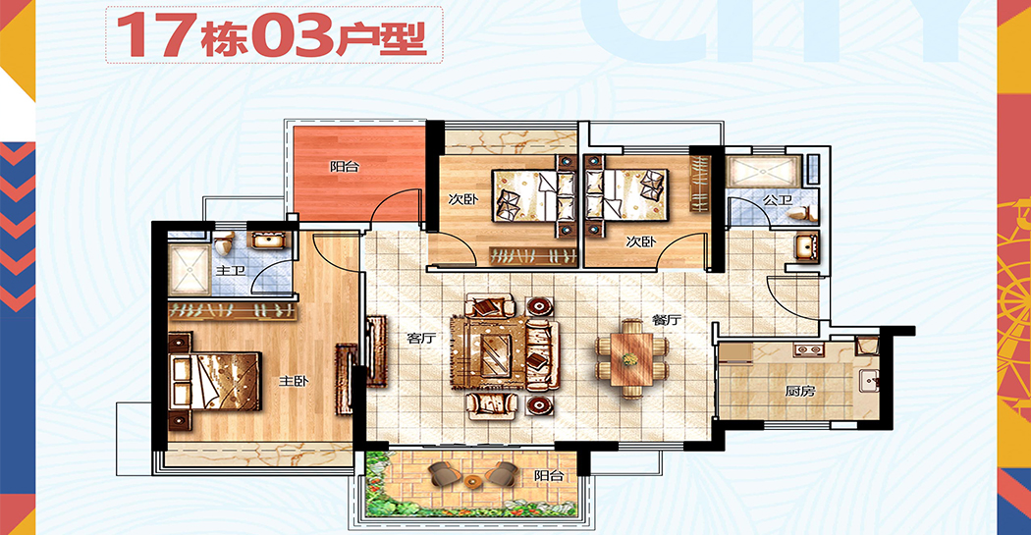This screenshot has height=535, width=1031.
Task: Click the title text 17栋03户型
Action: tap(272, 34)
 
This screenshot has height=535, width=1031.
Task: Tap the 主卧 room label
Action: tap(294, 381)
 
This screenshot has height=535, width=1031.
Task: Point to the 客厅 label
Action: tap(421, 339)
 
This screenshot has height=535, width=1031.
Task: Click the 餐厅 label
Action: tap(666, 320)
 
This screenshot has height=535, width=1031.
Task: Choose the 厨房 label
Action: tap(800, 391)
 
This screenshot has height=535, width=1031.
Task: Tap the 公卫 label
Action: tap(777, 200)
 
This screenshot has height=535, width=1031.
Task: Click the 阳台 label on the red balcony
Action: tap(345, 166)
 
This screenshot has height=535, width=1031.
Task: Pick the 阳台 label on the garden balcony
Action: tap(548, 475)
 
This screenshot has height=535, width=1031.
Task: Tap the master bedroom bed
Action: tap(214, 381)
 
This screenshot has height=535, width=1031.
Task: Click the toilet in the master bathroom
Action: tap(224, 243)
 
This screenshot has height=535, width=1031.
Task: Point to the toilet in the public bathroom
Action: tap(802, 213)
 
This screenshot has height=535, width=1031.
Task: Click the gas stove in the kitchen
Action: tap(808, 349)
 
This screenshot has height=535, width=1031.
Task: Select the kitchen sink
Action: tap(869, 381)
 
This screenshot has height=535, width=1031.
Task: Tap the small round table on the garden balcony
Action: tap(471, 480)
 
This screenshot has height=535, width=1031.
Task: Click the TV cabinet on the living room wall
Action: tap(376, 351)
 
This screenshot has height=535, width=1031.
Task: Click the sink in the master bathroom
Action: tap(268, 241)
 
